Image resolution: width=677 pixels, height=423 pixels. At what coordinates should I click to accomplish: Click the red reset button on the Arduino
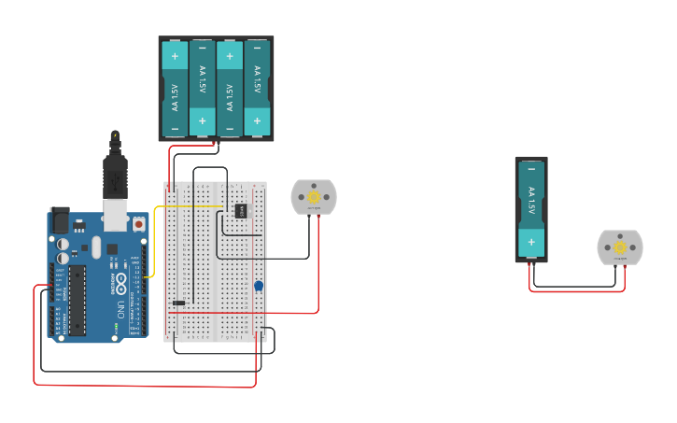click(x=138, y=224)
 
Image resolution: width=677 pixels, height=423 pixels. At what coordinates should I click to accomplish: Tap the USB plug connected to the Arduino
click(x=115, y=181)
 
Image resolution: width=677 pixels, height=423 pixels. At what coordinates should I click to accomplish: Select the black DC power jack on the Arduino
click(x=60, y=220)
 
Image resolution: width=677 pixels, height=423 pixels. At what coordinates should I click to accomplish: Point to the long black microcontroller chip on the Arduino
click(x=77, y=299)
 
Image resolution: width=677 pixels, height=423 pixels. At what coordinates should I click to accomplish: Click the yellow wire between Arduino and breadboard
click(x=187, y=206)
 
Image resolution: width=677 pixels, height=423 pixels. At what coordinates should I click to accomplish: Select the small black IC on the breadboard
click(x=239, y=210)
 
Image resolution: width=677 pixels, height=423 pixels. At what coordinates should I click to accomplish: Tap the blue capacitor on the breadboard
click(x=259, y=286)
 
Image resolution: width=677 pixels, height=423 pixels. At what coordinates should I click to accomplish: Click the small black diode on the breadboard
click(x=178, y=303)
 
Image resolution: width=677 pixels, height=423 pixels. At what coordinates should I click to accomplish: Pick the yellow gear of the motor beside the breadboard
click(x=314, y=197)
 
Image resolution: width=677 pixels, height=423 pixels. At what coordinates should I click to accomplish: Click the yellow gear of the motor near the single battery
click(x=620, y=247)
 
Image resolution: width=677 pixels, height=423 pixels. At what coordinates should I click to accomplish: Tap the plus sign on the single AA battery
click(x=531, y=242)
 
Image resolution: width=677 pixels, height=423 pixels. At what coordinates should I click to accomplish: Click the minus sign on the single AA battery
click(x=531, y=170)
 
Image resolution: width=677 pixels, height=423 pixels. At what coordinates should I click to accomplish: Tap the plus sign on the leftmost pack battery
click(x=175, y=57)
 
